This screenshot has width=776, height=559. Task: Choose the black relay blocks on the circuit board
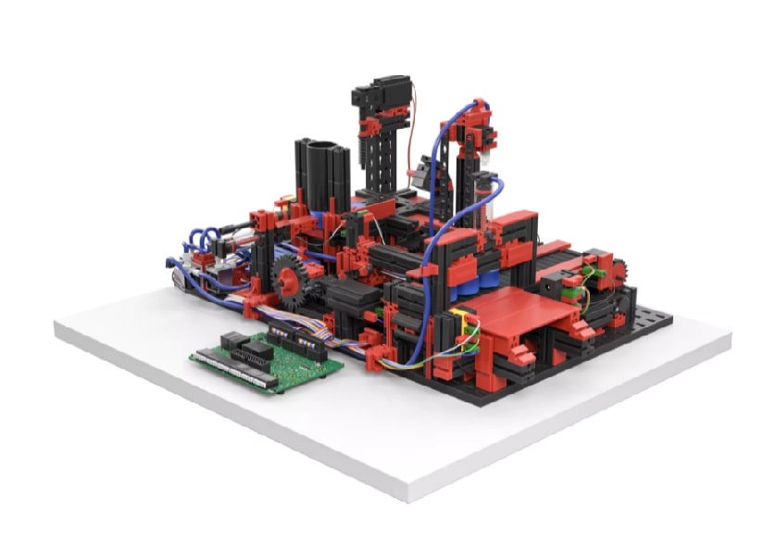(x=245, y=349)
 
